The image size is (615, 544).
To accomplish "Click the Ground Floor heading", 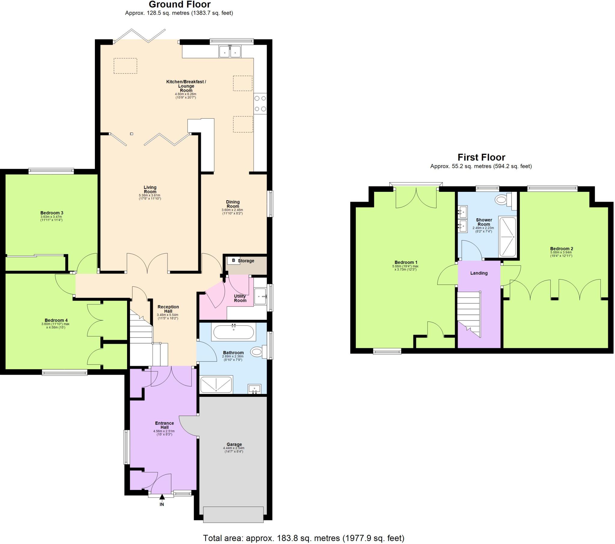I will [x=179, y=5].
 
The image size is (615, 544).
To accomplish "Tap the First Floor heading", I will [x=481, y=157].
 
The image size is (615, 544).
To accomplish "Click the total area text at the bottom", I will [x=303, y=538].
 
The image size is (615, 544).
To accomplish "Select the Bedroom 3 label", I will [x=52, y=213].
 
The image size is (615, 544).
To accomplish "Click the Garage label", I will [x=234, y=444].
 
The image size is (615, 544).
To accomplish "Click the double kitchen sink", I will [x=230, y=51].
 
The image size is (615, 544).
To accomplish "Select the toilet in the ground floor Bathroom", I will [x=258, y=352].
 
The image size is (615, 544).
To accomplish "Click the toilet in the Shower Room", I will [x=502, y=199].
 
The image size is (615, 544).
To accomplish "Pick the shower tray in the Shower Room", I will [x=507, y=237].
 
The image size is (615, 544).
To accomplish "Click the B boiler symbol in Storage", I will [x=234, y=261].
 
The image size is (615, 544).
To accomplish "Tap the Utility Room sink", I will [x=261, y=296].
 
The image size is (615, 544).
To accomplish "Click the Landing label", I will [x=479, y=273].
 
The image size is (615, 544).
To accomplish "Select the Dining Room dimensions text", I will [x=232, y=212].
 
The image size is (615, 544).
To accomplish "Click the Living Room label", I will [x=150, y=189].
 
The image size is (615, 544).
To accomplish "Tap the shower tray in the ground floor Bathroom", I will [x=216, y=384].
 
